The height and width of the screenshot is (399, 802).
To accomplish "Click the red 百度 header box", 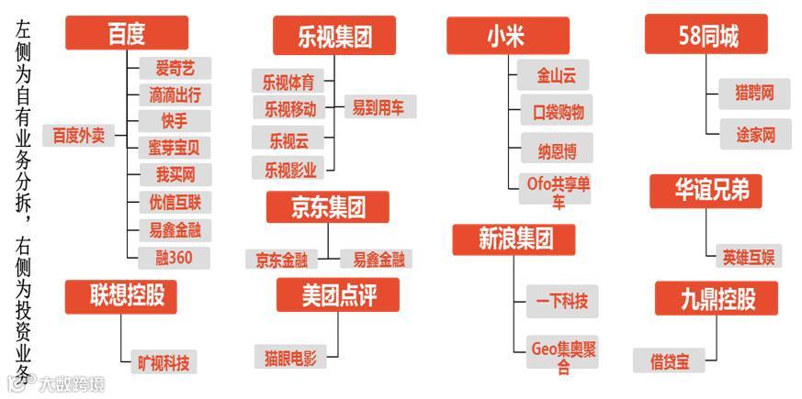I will click(x=127, y=34).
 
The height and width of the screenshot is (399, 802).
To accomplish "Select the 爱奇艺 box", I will click(x=175, y=67).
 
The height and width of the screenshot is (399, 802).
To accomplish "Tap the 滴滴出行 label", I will click(x=175, y=94).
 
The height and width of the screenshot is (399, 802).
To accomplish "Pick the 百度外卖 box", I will click(x=78, y=136).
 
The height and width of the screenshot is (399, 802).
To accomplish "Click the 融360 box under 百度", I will click(x=174, y=258).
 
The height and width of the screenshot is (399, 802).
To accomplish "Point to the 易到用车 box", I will click(x=378, y=107).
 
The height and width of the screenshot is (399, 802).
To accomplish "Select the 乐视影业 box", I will click(x=289, y=169).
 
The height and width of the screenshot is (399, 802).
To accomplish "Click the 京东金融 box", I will click(x=282, y=260).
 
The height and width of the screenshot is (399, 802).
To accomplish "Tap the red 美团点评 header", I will click(x=338, y=294).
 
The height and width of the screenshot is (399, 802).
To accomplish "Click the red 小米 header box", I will click(x=506, y=36).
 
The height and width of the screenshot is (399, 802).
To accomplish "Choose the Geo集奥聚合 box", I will click(x=563, y=358).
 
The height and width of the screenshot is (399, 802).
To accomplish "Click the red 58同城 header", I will click(x=706, y=37).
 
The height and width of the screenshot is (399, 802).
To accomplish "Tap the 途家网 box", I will click(x=755, y=135).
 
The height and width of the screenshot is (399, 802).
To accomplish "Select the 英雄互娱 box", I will click(x=748, y=256).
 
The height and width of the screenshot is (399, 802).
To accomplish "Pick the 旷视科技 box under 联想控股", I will click(x=164, y=361).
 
